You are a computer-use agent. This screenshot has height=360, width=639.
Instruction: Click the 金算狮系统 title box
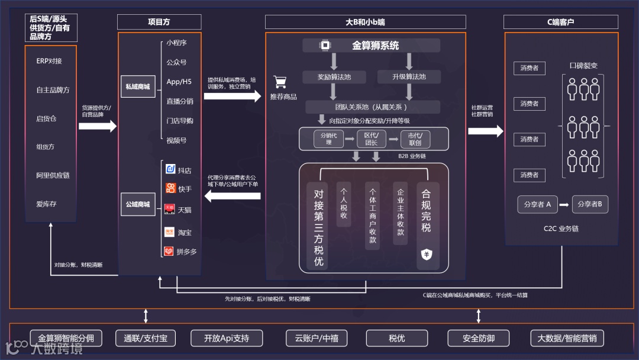371,46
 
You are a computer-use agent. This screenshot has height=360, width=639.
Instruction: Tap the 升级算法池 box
409,77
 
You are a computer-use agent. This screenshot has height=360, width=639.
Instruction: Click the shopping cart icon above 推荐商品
280,82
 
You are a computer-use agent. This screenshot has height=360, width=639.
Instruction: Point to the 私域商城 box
137,86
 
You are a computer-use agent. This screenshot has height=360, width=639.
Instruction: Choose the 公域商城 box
137,204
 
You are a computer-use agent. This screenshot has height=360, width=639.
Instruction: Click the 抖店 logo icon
170,170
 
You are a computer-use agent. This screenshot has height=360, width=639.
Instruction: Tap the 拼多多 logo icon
169,251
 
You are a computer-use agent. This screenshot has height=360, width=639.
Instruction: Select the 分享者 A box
537,204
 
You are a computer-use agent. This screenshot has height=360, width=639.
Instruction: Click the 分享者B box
590,204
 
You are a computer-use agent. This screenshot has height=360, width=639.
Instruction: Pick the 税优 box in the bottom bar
396,339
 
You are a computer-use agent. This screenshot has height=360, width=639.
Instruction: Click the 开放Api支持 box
226,339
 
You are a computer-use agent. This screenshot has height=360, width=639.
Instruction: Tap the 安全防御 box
478,339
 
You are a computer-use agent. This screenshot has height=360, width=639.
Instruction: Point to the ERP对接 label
49,61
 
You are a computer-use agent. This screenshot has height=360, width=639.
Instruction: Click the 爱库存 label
46,204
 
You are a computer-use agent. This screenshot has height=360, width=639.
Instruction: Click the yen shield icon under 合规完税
426,254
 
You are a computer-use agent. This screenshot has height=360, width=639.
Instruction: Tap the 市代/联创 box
415,139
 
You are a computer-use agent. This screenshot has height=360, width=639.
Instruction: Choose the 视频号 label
176,140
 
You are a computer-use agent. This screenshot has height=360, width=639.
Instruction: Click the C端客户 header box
560,22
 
